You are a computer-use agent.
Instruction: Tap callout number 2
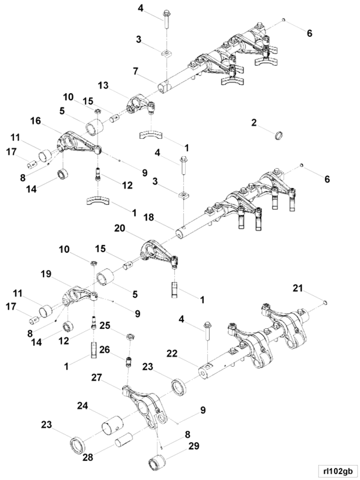tap(254, 123)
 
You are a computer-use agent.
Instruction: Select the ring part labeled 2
tap(278, 135)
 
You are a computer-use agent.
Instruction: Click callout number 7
tap(136, 71)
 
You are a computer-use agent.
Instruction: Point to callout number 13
tap(103, 86)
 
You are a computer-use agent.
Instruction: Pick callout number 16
tap(36, 121)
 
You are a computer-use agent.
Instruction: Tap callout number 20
tap(120, 228)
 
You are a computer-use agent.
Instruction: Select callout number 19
tap(46, 274)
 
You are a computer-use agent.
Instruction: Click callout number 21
tap(297, 288)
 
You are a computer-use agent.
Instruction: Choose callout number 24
tap(82, 406)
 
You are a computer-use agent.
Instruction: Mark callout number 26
tap(105, 349)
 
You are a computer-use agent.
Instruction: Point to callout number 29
tap(193, 446)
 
